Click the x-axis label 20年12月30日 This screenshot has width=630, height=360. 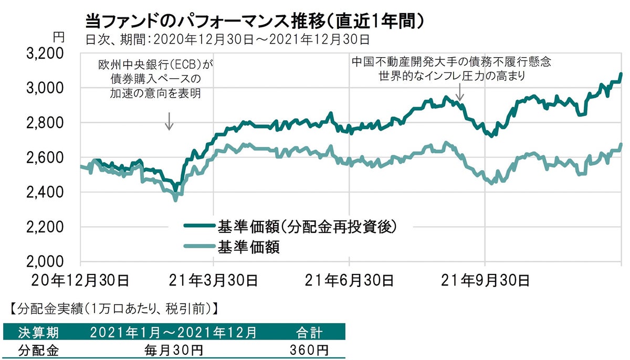click(x=80, y=281)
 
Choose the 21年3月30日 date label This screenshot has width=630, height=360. click(x=214, y=281)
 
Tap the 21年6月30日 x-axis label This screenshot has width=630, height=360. click(x=350, y=281)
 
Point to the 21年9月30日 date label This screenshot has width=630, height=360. click(x=485, y=281)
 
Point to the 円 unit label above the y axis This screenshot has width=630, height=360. click(x=59, y=37)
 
